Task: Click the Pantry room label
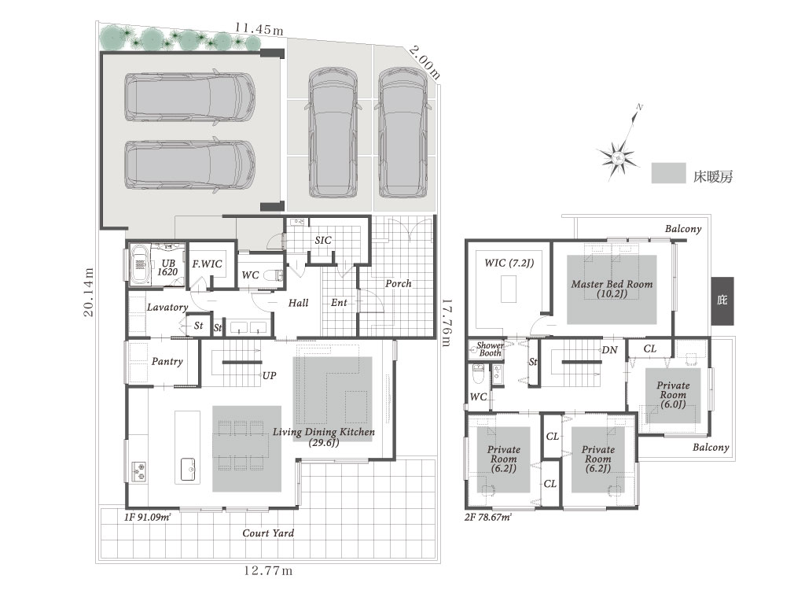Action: pos(167,362)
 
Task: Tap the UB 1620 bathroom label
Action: pos(167,267)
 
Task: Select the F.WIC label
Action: pos(207,264)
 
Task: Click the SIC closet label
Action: pos(323,240)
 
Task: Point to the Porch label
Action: pos(399,283)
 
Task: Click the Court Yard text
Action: pos(268,533)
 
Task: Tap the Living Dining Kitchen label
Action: pos(323,437)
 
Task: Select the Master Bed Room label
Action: pos(612,289)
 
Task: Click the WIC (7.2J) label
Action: pos(509,263)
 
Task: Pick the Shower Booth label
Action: pos(490,349)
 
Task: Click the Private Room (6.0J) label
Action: pos(673,395)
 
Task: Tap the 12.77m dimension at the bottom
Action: pos(268,570)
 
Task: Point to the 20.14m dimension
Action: pos(89,292)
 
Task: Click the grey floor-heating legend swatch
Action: pos(668,173)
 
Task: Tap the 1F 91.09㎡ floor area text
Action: pos(147,517)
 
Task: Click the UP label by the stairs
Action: pos(269,376)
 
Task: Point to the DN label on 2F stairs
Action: pos(609,350)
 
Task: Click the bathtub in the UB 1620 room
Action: pos(140,264)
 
